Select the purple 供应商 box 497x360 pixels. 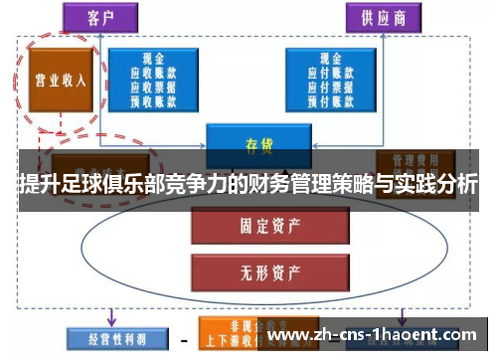click(383, 17)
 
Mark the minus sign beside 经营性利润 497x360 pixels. click(184, 339)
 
